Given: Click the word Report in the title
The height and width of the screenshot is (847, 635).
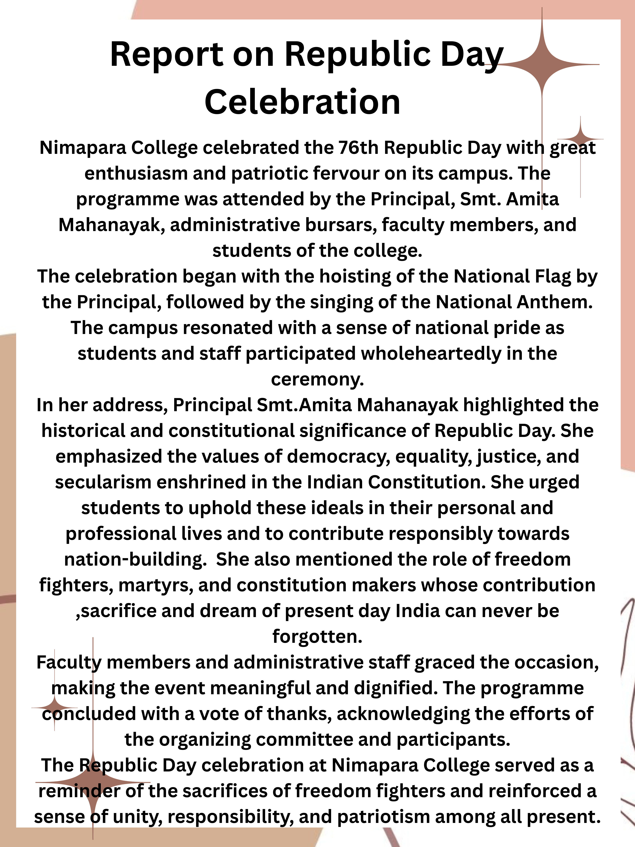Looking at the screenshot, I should pyautogui.click(x=166, y=55).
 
